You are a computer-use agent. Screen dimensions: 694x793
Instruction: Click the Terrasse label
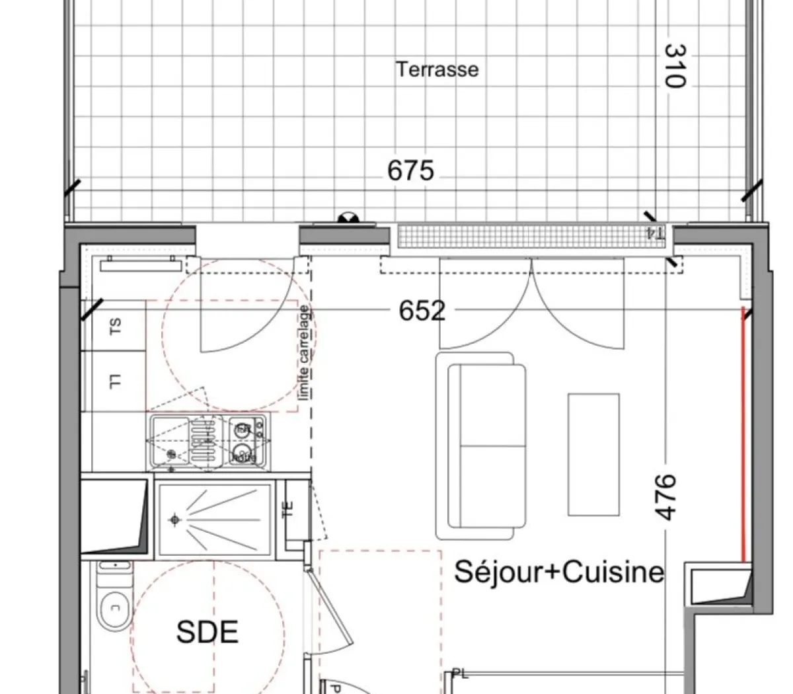437,69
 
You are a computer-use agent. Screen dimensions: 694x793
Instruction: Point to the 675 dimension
410,171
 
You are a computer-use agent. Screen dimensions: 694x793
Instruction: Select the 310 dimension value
673,65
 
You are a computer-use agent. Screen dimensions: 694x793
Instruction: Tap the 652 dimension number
422,310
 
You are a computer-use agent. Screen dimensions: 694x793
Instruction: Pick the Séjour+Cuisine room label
558,572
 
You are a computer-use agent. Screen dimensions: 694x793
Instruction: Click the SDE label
207,633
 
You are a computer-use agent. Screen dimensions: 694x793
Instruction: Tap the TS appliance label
115,325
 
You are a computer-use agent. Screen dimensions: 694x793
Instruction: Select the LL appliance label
115,381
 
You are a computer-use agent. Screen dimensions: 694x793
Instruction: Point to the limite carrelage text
305,352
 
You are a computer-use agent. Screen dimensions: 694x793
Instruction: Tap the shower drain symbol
174,520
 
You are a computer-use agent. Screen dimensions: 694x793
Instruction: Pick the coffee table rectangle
593,455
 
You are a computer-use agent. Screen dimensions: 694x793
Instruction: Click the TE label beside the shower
287,509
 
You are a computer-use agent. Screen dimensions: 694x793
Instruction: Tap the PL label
460,674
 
